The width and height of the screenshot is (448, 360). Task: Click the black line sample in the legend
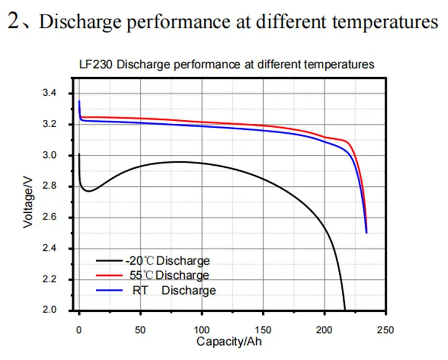click(109, 261)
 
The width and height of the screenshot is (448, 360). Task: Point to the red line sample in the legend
click(109, 275)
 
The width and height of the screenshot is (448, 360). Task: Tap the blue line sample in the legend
click(109, 290)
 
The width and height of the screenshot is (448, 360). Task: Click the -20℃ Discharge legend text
click(167, 261)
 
